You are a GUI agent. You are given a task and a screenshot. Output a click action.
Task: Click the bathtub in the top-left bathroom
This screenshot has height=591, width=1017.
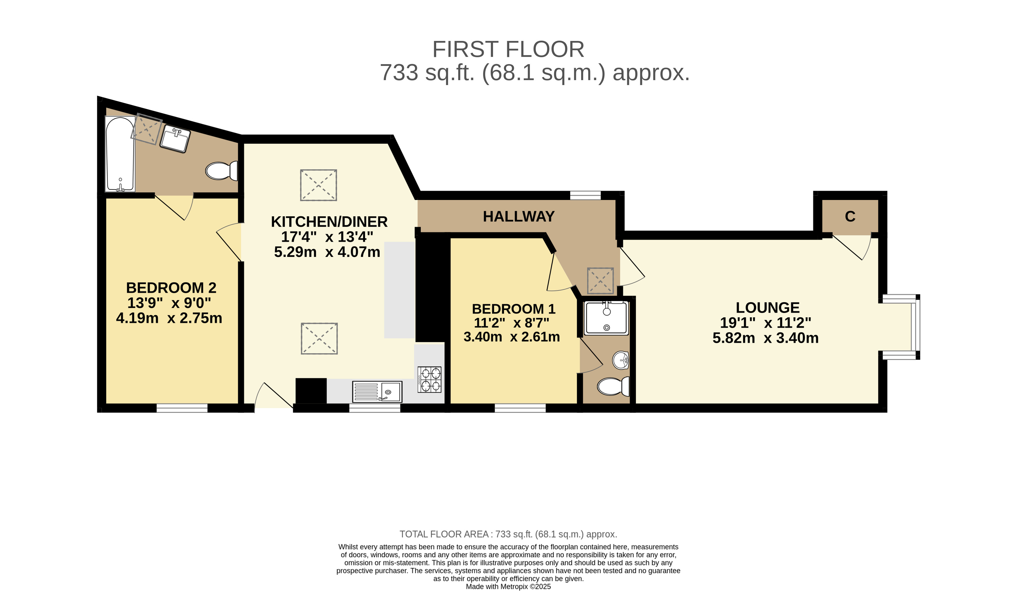(120, 154)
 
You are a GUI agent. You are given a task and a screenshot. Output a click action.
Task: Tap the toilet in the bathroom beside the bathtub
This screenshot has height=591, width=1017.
(222, 171)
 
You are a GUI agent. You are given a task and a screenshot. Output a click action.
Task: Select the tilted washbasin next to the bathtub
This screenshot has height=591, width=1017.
(175, 138)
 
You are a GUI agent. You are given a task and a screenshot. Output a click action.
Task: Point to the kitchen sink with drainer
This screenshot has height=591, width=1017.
(377, 392)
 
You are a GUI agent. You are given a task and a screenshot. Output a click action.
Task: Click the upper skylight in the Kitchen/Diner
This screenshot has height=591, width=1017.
(318, 185)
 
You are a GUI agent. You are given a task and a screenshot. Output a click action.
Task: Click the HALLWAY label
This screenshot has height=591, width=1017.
(519, 217)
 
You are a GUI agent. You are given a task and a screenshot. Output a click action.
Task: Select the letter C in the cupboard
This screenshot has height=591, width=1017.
(850, 217)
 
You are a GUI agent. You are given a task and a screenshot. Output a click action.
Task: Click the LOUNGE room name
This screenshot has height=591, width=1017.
(768, 308)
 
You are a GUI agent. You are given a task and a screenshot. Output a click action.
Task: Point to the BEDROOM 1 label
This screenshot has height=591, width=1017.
(513, 309)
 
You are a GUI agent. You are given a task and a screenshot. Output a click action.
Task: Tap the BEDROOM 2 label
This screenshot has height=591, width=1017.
(171, 288)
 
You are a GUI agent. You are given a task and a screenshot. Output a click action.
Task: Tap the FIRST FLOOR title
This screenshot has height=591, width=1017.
(508, 50)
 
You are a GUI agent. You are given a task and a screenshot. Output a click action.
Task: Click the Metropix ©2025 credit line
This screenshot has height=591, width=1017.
(508, 587)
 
